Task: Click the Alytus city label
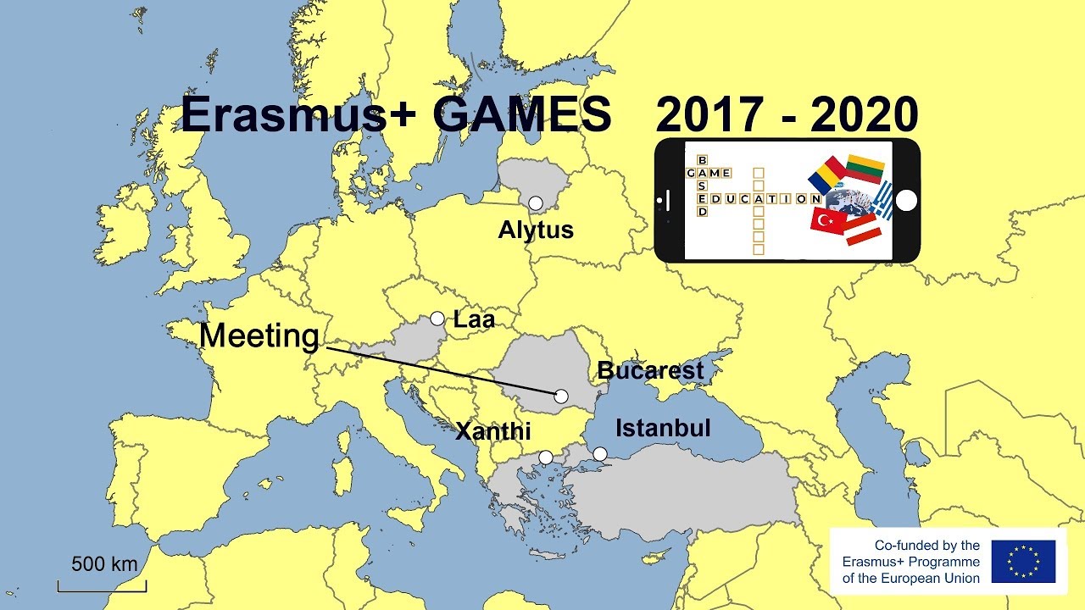536,230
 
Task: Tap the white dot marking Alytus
536,203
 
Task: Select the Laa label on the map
474,319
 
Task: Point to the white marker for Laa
437,319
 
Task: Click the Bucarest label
650,370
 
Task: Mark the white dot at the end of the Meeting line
561,396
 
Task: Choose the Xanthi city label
493,431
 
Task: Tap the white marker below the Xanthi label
546,457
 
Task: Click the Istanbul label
663,428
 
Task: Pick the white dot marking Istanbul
600,454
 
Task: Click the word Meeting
259,336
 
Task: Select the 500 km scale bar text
103,563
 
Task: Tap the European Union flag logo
1023,562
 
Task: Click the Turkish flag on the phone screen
829,220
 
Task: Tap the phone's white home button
906,201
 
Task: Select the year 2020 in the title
865,114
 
